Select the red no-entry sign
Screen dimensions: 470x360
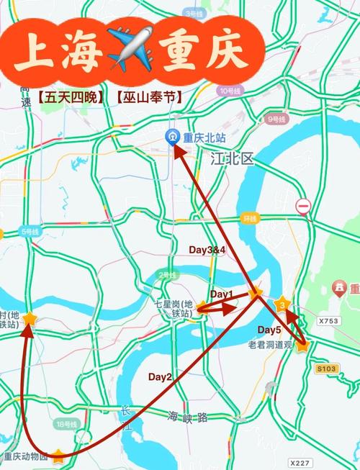[303, 207]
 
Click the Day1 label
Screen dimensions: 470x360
[222, 294]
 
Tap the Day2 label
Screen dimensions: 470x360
[161, 376]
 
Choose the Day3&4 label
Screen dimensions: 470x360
[207, 249]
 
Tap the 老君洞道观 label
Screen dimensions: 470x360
[268, 344]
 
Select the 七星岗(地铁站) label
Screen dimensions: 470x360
[177, 309]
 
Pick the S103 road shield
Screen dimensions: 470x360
[326, 369]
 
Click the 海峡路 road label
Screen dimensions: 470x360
[188, 416]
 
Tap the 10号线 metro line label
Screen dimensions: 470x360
[230, 91]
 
